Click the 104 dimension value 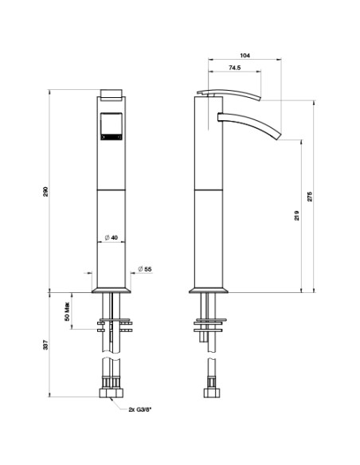tap(245, 55)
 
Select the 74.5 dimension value tap(235, 68)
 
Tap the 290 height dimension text tap(45, 192)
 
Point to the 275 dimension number tap(310, 197)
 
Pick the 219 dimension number tap(297, 215)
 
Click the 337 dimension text tap(45, 345)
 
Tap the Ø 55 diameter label tap(145, 269)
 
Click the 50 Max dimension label tap(67, 311)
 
